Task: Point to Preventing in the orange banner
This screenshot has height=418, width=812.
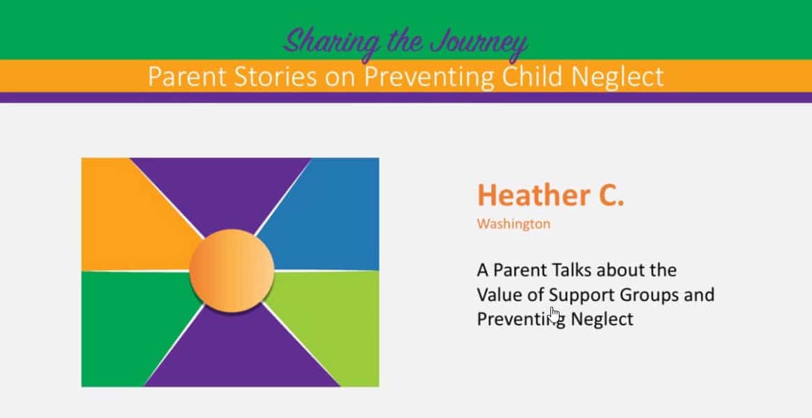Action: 429,77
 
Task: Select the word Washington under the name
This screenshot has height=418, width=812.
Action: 513,224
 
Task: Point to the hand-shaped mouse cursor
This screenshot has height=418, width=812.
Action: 555,314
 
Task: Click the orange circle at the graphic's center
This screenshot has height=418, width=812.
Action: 232,270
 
